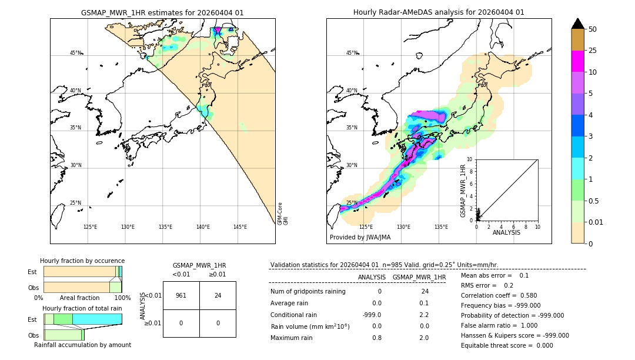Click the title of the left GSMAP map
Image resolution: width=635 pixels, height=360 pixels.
point(162,12)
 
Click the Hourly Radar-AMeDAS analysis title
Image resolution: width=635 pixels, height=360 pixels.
point(439,12)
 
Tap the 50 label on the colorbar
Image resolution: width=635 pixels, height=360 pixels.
point(593,29)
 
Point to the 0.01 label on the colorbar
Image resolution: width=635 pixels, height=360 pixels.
point(596,222)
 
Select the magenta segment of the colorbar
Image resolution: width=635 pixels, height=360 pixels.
point(577,62)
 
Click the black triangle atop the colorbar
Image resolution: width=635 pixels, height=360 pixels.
point(577,24)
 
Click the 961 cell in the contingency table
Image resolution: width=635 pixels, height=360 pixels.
point(181,295)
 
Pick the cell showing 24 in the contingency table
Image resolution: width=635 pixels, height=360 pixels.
point(218,295)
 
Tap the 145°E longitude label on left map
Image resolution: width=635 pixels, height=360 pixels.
point(240,227)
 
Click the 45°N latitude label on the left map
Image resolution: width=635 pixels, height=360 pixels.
point(76,53)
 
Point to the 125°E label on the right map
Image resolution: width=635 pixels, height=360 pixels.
point(366,227)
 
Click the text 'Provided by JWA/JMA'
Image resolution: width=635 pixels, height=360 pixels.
point(360,237)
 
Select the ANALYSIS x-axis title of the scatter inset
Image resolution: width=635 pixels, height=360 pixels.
point(506,232)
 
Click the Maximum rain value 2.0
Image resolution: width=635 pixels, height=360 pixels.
point(424,338)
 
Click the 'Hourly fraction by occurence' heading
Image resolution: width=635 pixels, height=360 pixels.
point(82,261)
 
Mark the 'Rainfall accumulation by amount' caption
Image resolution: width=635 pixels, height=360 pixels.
point(82,345)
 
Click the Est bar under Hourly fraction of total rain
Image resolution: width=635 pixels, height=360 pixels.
point(82,319)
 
